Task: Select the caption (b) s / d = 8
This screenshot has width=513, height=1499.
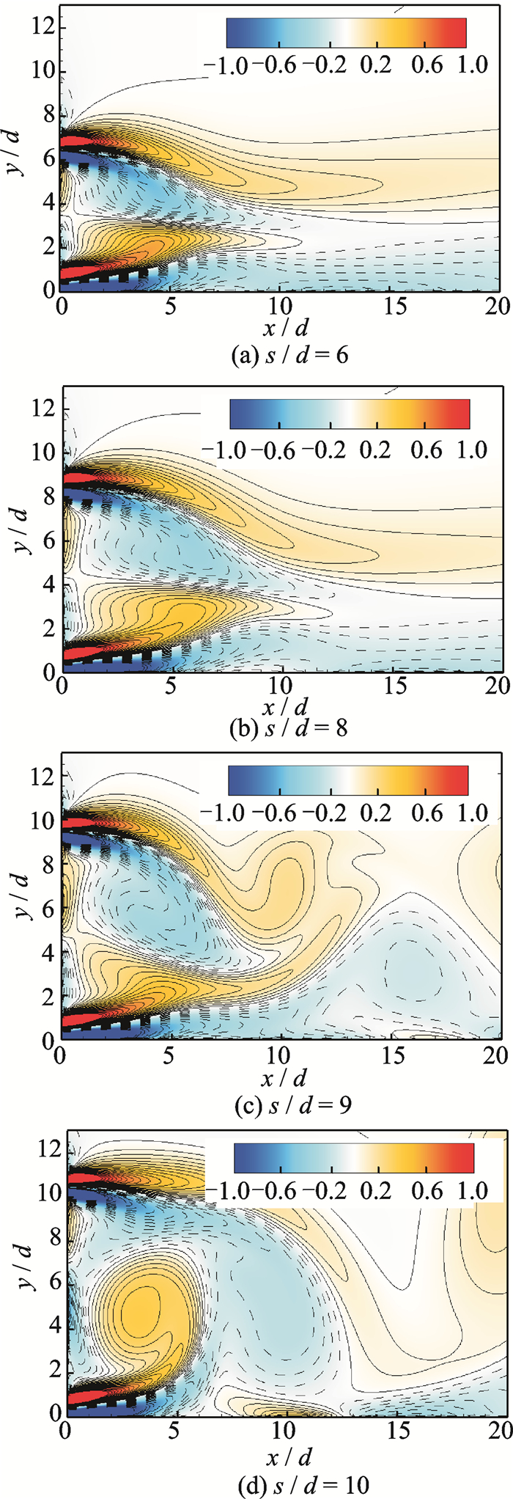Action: coord(280,728)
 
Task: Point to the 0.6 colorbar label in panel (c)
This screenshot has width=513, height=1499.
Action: coord(427,812)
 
